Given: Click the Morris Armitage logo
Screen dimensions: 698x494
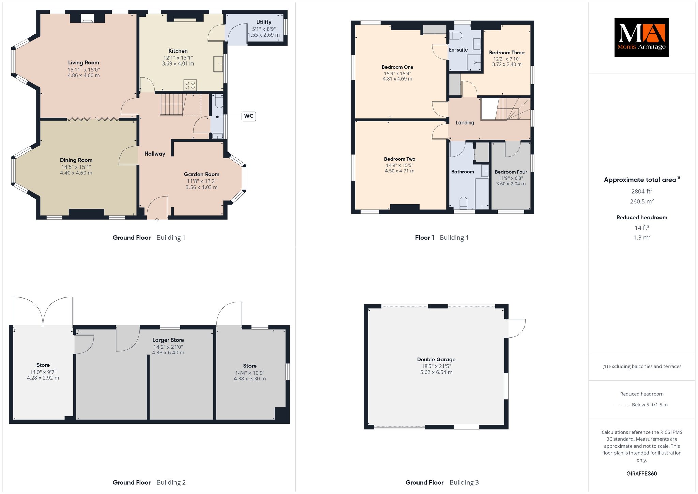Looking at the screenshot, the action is [641, 38].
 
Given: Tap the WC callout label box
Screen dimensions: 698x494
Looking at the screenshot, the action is [249, 116].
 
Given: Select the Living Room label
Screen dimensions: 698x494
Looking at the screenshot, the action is [84, 63].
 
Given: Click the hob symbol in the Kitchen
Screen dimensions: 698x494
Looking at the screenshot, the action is [190, 85].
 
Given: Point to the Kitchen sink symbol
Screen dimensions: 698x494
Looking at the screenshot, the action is [218, 64].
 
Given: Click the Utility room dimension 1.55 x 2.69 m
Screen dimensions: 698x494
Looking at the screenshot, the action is [264, 35].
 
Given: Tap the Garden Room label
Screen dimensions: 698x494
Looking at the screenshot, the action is [202, 174].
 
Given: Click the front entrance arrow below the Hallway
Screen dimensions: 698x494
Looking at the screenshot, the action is [157, 220].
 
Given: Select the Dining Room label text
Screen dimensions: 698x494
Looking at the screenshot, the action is [76, 160].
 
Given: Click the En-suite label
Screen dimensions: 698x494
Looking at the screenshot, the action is [458, 50].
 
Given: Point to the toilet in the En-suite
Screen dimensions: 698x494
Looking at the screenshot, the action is [455, 35].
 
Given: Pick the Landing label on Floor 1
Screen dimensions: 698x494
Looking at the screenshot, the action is [465, 123].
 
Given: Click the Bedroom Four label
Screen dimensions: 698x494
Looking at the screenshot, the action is [511, 172].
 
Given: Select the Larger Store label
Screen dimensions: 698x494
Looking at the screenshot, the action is [168, 340].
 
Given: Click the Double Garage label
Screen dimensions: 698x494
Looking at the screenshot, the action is [436, 359].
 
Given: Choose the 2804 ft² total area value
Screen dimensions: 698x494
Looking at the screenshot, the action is [641, 191].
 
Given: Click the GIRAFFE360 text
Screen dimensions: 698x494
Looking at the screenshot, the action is [641, 474].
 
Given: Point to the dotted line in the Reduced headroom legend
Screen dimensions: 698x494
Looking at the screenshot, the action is [622, 405].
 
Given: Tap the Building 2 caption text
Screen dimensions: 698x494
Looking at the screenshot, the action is [171, 482].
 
